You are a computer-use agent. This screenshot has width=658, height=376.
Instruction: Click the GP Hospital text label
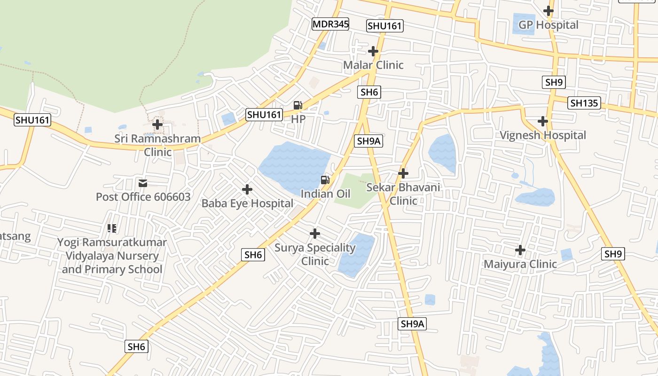548,25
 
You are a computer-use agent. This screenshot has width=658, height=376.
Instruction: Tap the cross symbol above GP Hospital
548,10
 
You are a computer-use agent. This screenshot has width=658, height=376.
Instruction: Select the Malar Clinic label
373,65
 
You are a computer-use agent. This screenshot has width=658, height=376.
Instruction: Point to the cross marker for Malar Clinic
373,51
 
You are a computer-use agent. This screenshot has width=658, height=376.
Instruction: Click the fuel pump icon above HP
298,105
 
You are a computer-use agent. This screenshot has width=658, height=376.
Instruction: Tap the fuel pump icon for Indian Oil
325,180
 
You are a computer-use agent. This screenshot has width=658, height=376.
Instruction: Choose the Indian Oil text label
325,194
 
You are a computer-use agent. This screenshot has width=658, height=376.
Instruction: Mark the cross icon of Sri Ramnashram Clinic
158,125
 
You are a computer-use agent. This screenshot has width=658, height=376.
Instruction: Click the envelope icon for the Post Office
143,183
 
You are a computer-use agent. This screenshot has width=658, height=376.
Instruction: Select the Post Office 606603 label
143,196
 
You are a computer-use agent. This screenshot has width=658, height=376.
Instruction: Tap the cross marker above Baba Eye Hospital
247,189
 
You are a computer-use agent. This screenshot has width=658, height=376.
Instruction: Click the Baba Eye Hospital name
247,204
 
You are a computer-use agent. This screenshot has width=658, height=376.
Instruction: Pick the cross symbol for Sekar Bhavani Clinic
403,173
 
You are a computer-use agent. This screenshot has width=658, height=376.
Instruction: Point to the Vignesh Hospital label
542,135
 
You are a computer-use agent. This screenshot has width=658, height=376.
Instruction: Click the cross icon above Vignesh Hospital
543,121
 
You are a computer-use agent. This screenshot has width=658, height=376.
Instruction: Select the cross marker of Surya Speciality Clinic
315,233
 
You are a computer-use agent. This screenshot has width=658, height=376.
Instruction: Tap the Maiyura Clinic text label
520,264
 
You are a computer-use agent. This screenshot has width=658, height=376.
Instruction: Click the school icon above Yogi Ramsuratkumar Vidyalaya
112,228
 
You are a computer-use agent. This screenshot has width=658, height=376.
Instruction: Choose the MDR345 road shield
330,24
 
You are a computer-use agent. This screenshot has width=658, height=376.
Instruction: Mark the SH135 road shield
584,103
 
